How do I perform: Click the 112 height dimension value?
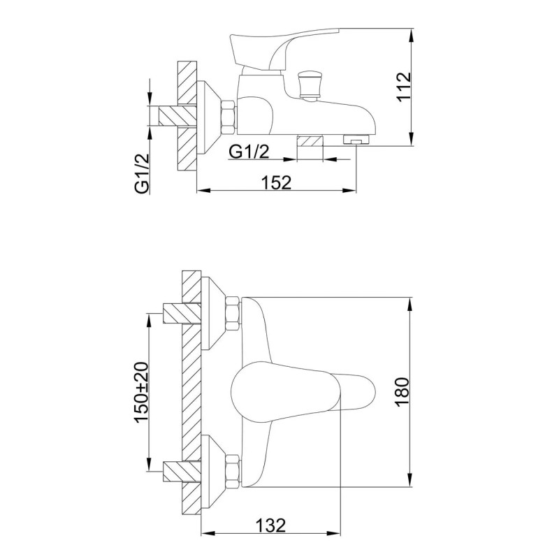click(x=404, y=87)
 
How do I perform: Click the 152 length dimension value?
click(x=277, y=182)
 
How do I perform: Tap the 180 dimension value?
click(x=402, y=392)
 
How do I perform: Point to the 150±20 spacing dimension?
click(x=141, y=392)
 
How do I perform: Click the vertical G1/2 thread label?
click(x=142, y=173)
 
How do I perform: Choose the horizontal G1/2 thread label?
click(x=249, y=152)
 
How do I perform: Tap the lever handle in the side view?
click(x=285, y=48)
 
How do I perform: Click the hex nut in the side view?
click(x=228, y=117)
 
